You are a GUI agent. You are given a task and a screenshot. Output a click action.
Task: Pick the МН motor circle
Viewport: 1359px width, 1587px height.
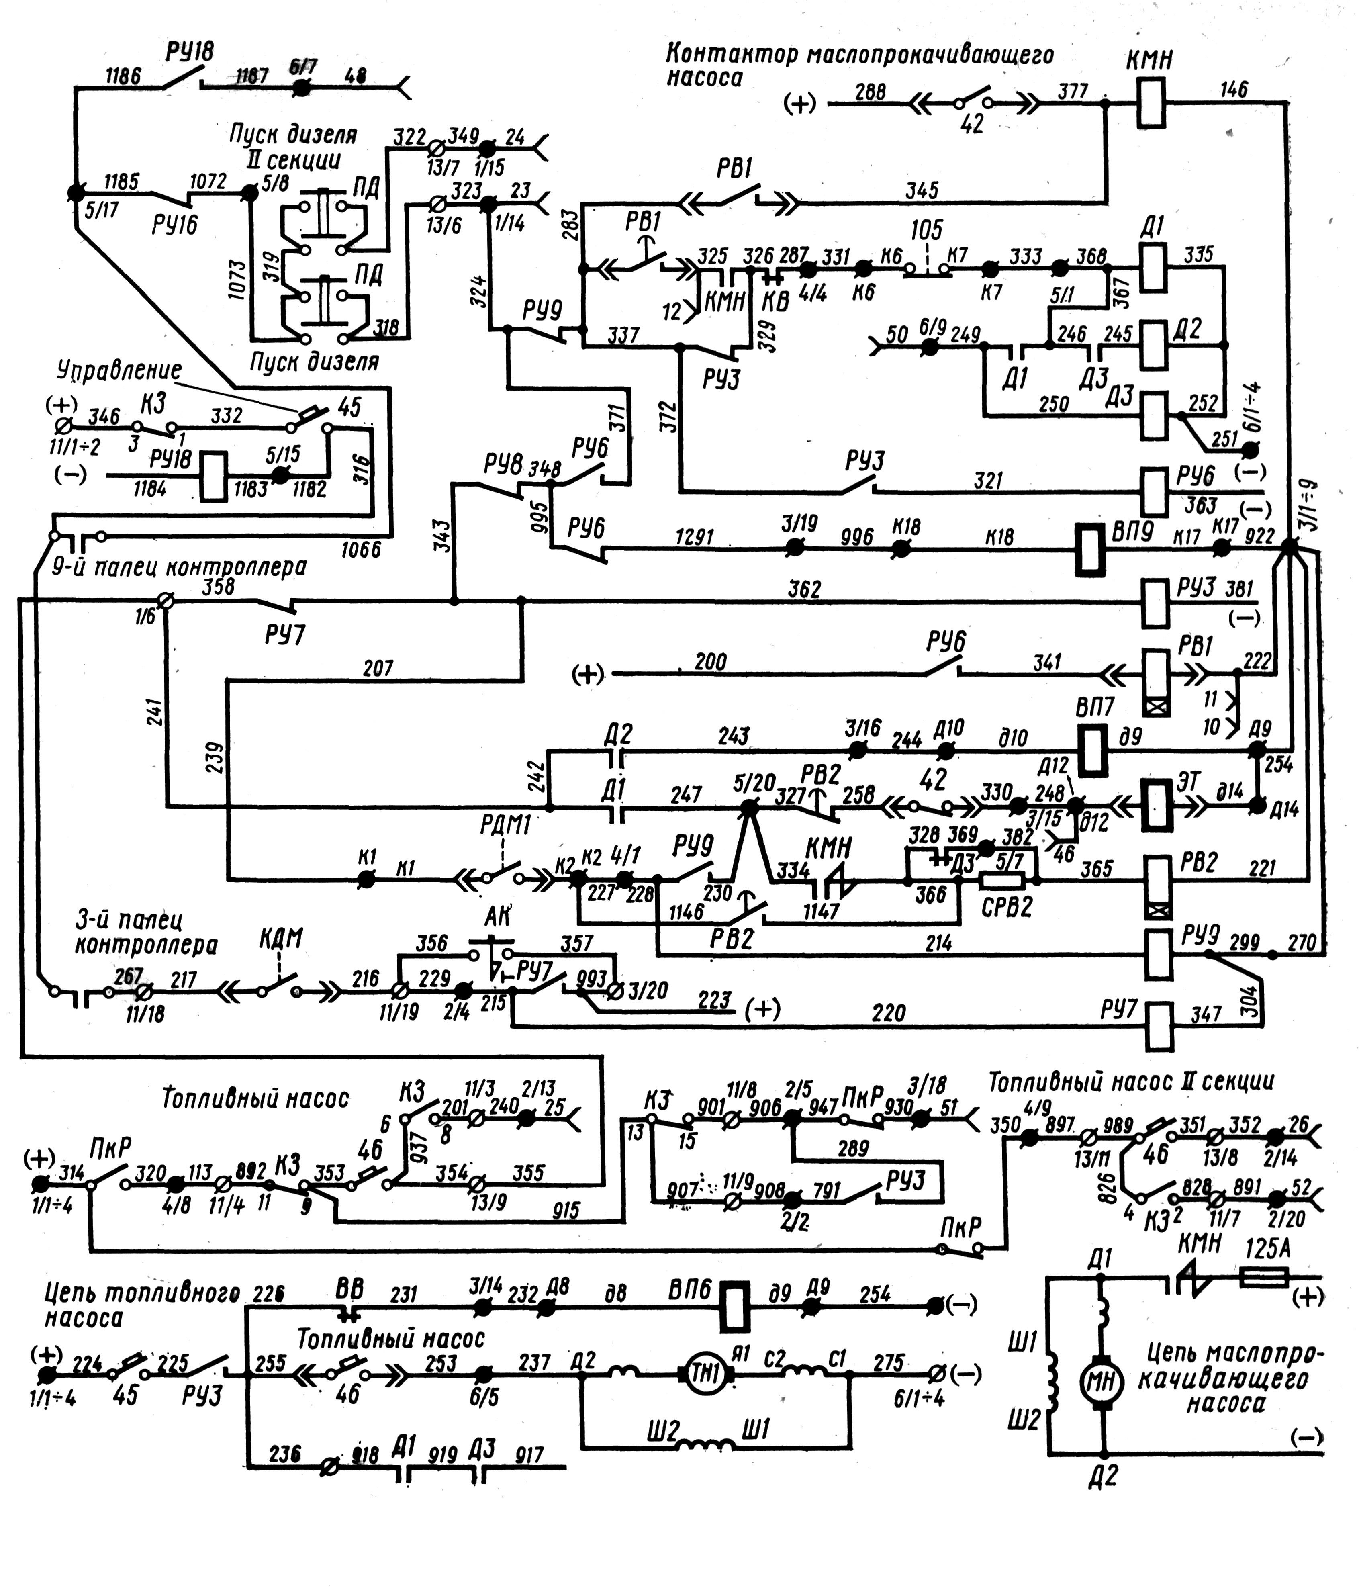pyautogui.click(x=1103, y=1381)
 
